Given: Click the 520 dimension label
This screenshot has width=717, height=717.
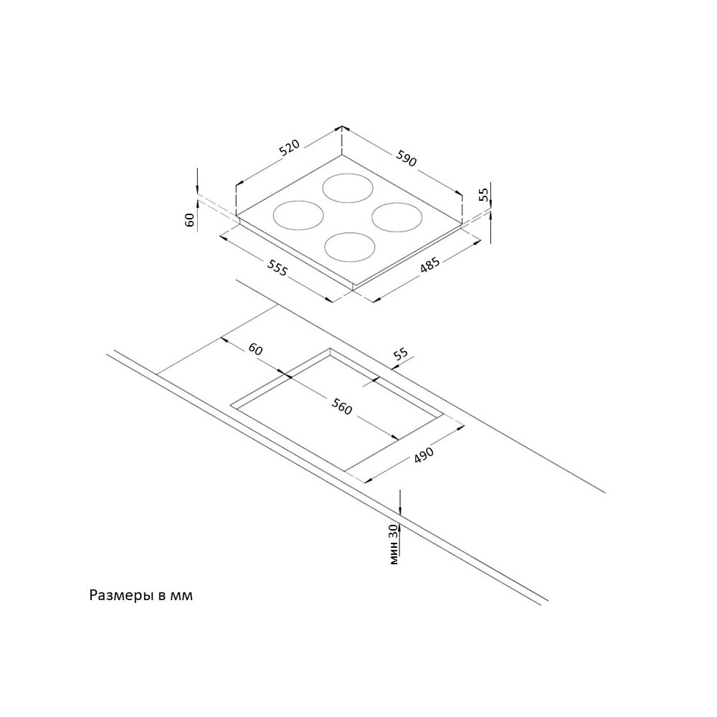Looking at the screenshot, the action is coord(290,147).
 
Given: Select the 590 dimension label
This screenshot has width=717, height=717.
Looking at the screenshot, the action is coord(407,158).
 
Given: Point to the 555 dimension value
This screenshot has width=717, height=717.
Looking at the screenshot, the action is coord(277,268).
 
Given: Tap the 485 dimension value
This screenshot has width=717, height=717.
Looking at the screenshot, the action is coord(429,266).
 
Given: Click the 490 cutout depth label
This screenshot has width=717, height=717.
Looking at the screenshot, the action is coord(424,455).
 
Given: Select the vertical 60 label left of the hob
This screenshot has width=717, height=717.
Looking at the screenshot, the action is coord(190,220).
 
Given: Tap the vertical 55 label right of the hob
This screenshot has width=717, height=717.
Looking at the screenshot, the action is coord(484,195).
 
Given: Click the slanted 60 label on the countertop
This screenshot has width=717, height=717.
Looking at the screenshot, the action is coord(256,349).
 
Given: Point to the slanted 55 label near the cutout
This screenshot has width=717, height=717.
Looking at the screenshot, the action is coord(401,353).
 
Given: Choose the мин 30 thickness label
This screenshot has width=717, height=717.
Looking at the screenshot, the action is coord(394,544).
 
